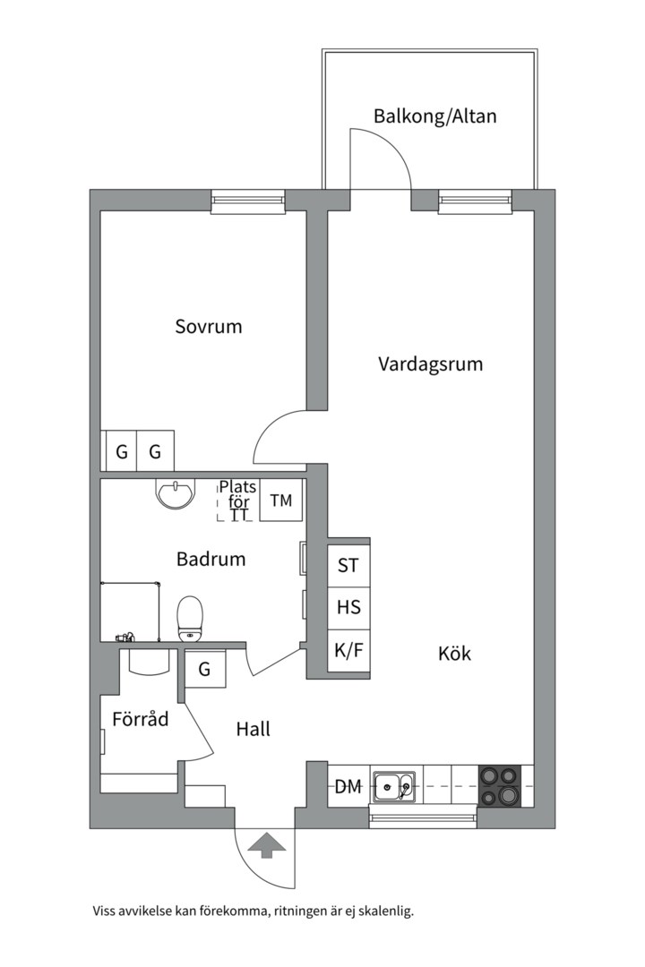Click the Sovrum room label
pos(209,327)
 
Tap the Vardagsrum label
pos(430,364)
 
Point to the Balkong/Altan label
pos(434,116)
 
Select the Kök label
pos(454,654)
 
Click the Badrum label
pos(211,560)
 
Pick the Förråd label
pos(141,718)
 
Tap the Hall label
pos(253,730)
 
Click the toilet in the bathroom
pos(190,620)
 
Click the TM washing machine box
pos(281,501)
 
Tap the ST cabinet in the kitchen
pos(348,566)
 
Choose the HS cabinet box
pos(348,607)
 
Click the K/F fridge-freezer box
pos(348,651)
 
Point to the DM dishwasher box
pos(348,787)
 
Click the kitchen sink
pos(393,787)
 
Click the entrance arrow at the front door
pos(265,844)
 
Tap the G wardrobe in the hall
pos(204,669)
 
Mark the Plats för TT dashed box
pos(237,501)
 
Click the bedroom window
pos(247,201)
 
